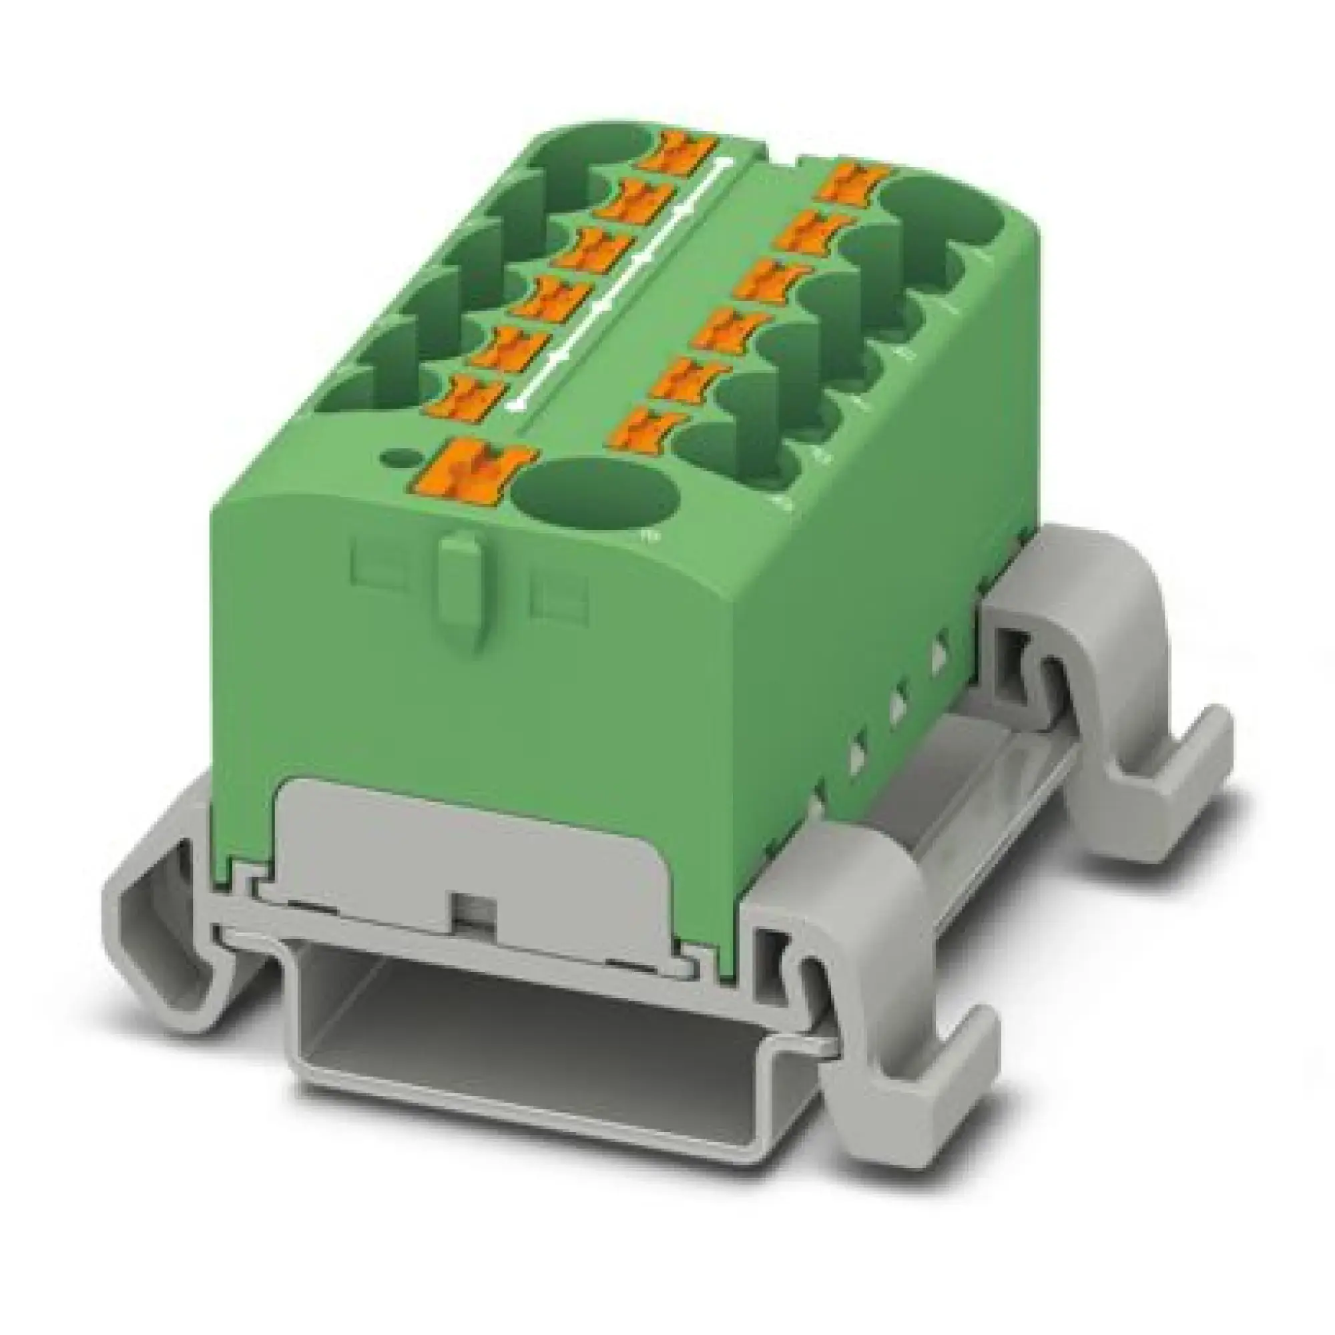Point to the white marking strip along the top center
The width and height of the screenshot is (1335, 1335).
[x=622, y=276]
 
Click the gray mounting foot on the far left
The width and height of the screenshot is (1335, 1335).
[x=180, y=898]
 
